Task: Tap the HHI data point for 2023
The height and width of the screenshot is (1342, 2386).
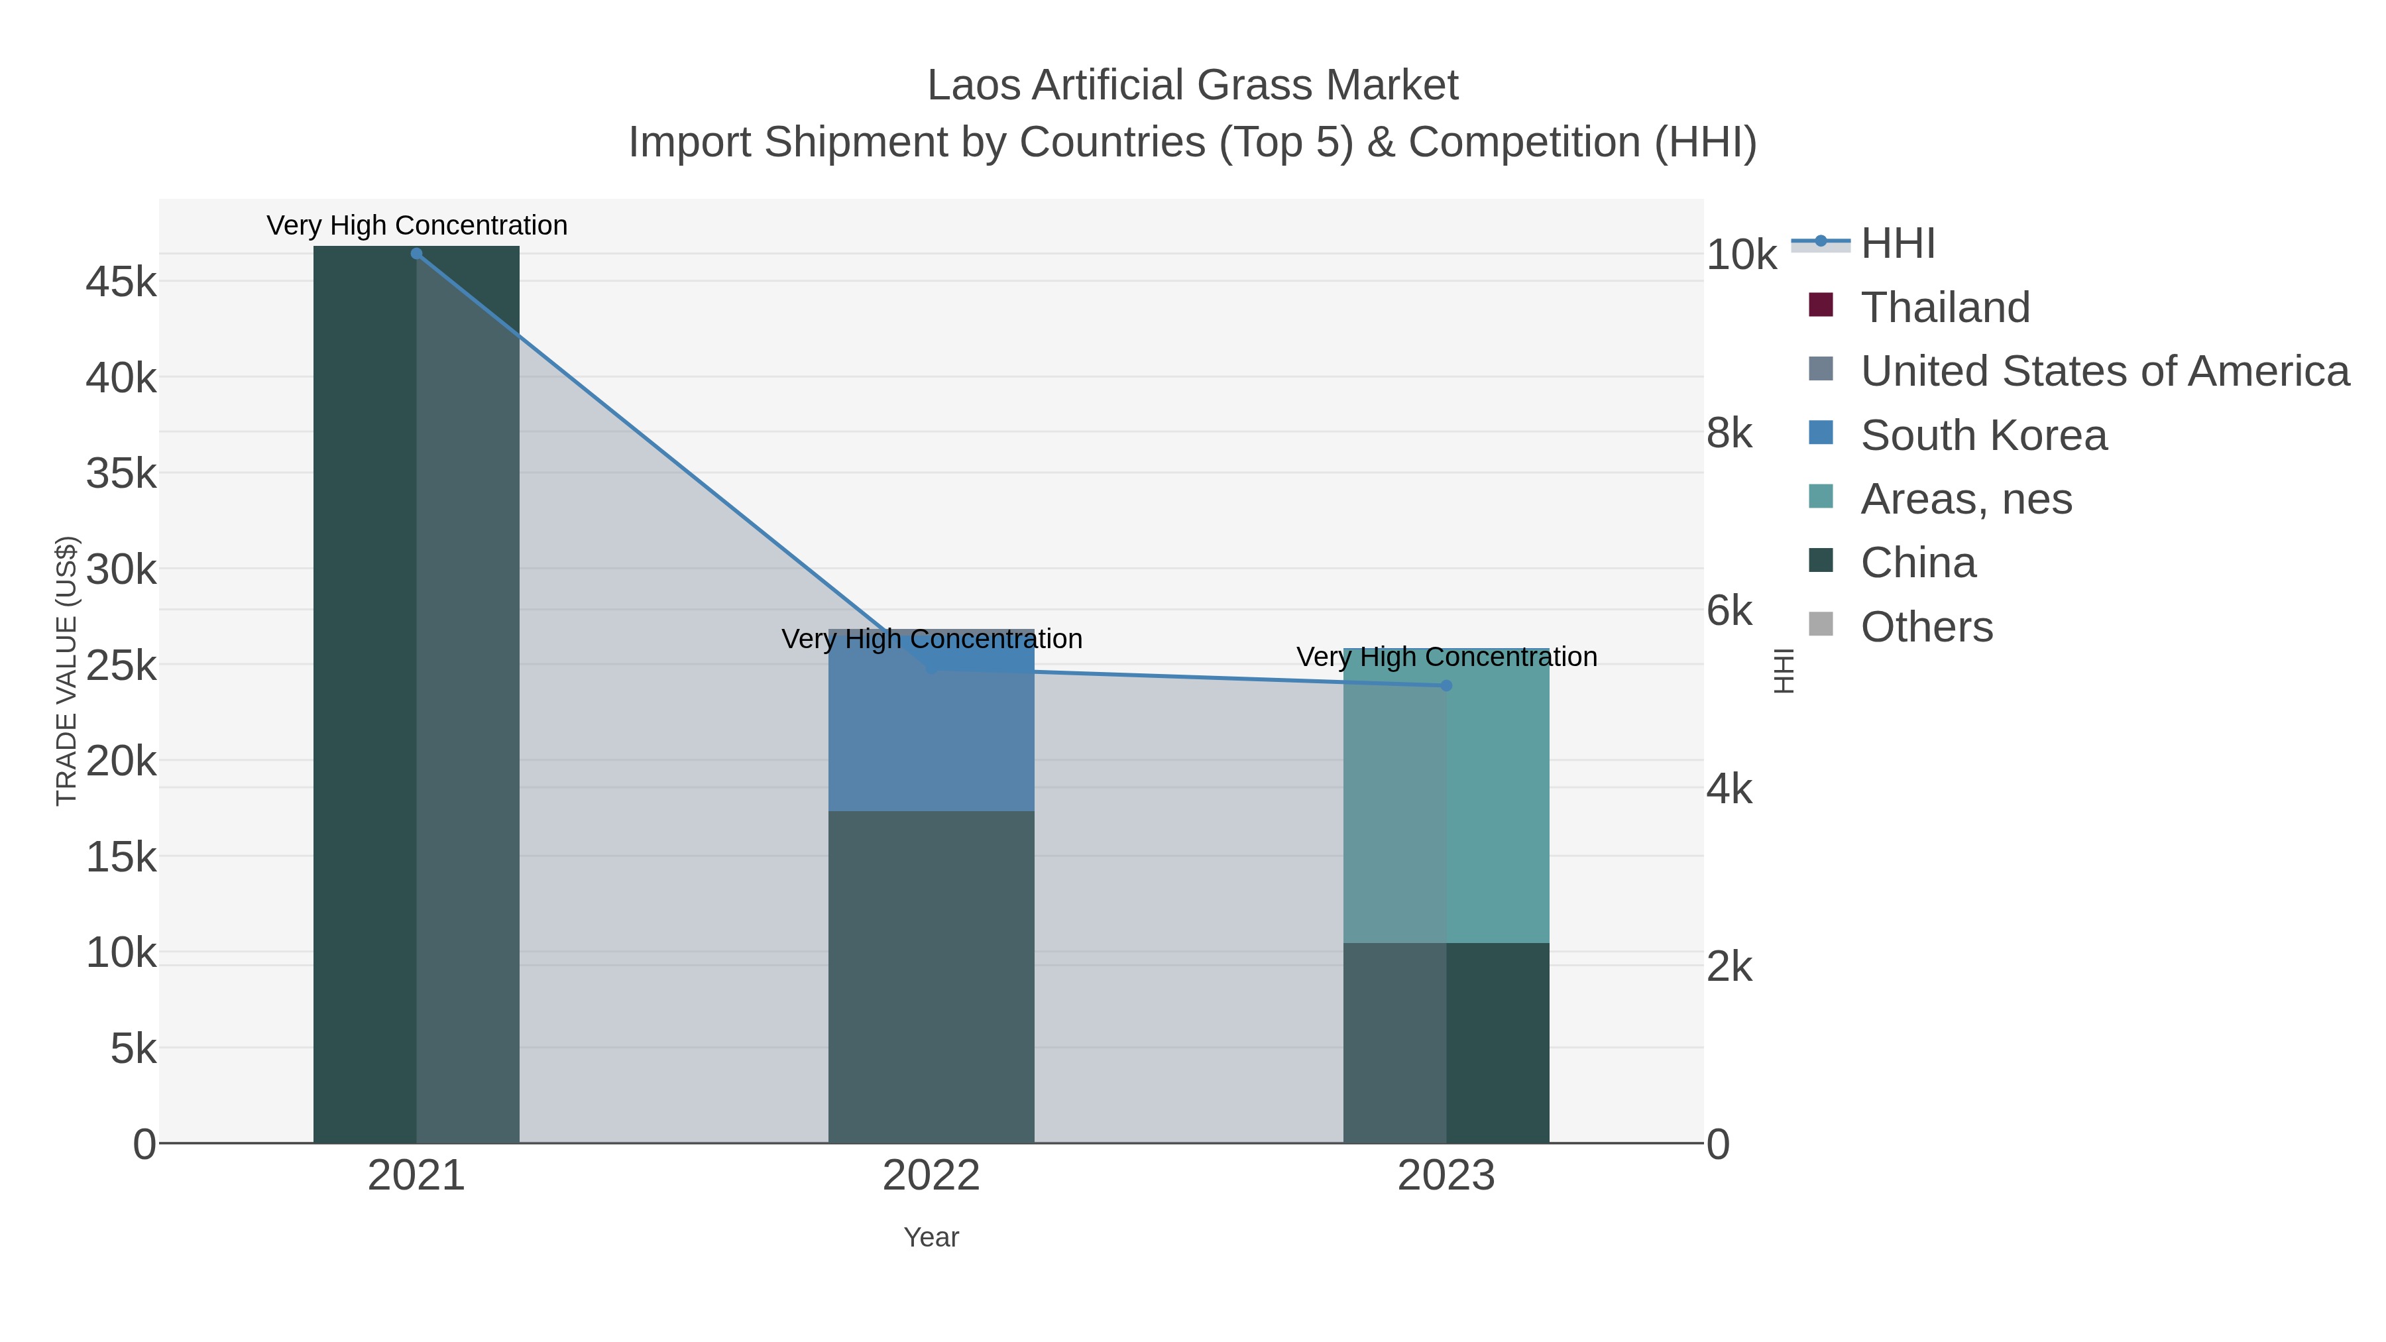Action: [x=1446, y=685]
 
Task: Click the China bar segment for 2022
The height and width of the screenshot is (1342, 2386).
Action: [x=931, y=977]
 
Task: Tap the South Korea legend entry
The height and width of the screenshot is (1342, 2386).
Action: [x=1983, y=435]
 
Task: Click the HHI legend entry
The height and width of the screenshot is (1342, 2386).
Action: [x=1897, y=244]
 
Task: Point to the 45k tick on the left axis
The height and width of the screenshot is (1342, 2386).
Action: [x=121, y=282]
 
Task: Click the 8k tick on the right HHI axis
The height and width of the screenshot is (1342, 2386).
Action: [x=1729, y=433]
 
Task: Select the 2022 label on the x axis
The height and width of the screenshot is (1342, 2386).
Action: [x=931, y=1176]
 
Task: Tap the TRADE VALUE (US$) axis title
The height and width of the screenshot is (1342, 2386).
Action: [x=67, y=671]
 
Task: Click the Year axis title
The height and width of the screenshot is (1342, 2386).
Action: [x=931, y=1237]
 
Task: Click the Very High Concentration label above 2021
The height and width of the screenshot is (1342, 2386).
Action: [x=417, y=226]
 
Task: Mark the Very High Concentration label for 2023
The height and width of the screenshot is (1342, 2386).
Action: [x=1446, y=657]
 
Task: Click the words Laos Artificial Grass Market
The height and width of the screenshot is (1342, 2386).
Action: [x=1192, y=85]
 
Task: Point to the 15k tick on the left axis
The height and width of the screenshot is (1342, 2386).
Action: [x=121, y=858]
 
